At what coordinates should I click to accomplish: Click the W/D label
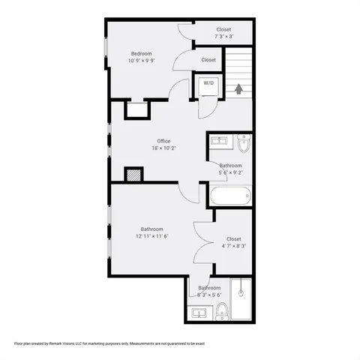coord(208,83)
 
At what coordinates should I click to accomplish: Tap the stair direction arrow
coord(238,88)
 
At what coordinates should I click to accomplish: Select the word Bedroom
coord(142,53)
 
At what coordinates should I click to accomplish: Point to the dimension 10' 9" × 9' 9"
coord(142,61)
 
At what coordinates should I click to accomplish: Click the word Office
coord(163,141)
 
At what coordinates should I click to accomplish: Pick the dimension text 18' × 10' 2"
coord(163,149)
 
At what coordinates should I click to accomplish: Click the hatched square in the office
coord(133,174)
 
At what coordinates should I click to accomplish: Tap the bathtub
coord(229,196)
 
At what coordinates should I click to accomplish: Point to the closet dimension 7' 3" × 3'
coord(223,36)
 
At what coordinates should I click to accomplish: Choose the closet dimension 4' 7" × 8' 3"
coord(233,246)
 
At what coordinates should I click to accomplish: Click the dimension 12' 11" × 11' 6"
coord(152,237)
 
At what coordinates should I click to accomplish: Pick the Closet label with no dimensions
coord(208,60)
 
